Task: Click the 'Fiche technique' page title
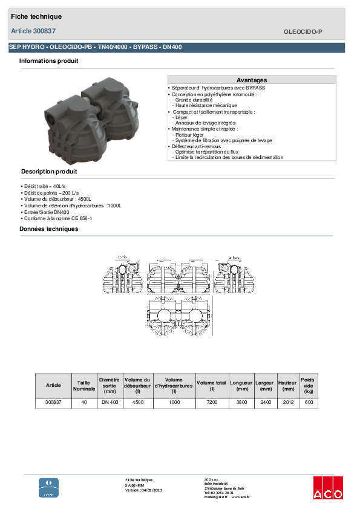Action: [x=36, y=17]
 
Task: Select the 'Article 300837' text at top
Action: [x=33, y=30]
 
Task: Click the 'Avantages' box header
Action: [x=251, y=80]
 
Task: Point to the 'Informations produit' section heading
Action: [x=48, y=61]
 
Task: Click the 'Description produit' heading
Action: [x=48, y=172]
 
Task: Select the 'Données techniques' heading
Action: [x=48, y=229]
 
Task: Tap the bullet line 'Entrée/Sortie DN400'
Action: [x=46, y=212]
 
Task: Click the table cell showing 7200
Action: [x=211, y=402]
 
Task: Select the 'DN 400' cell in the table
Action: [x=110, y=402]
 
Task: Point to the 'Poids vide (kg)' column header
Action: [x=309, y=385]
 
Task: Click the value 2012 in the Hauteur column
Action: [x=288, y=402]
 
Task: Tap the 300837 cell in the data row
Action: [x=53, y=402]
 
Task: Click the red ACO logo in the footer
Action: [x=328, y=487]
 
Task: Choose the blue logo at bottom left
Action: [x=49, y=487]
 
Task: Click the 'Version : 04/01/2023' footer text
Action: [x=143, y=490]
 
